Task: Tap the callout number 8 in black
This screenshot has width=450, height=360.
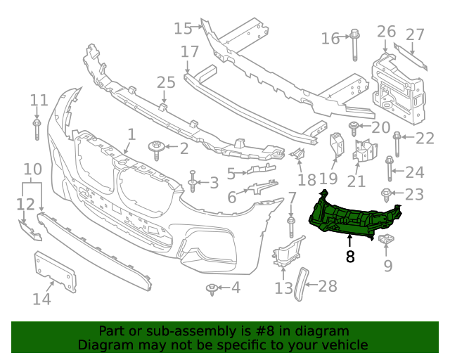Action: (350, 257)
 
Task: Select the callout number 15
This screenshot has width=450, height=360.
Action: (183, 28)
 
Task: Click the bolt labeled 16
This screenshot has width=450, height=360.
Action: (354, 42)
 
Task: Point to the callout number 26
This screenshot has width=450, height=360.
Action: (386, 32)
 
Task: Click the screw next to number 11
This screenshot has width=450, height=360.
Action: (37, 130)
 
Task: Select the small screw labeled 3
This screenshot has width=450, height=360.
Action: (192, 183)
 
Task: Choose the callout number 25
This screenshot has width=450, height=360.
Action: (166, 83)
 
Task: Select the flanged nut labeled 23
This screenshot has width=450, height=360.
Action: (386, 193)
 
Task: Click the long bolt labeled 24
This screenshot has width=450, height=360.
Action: (390, 169)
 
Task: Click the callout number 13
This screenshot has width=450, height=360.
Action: (283, 288)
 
